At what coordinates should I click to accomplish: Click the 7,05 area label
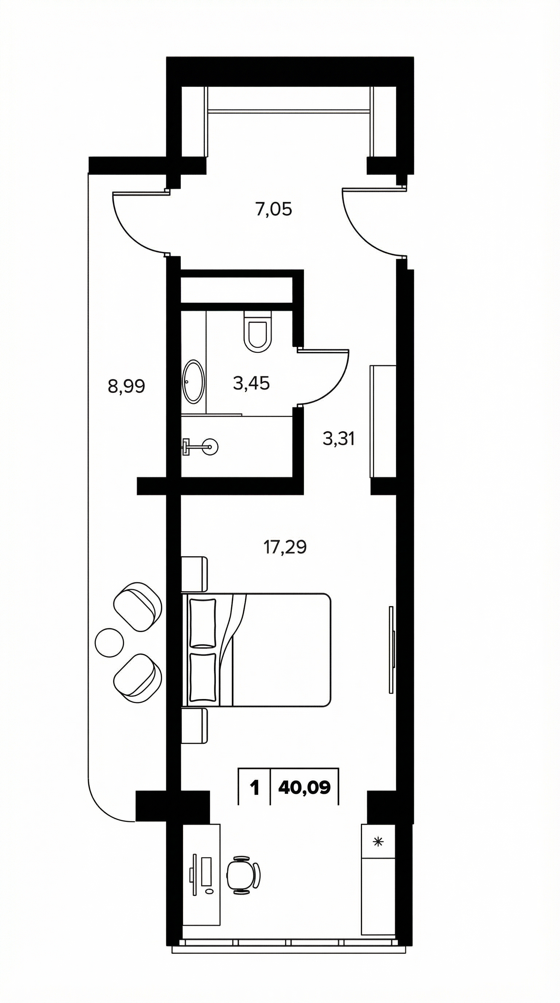[x=273, y=210]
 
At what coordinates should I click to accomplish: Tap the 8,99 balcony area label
[x=127, y=387]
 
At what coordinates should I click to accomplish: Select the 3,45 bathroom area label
[x=251, y=383]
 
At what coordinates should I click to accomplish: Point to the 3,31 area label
[x=338, y=439]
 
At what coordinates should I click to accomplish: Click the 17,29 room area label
[x=285, y=547]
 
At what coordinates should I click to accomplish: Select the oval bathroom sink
[x=193, y=382]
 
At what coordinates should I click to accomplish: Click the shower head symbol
[x=201, y=446]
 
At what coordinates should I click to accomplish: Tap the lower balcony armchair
[x=137, y=678]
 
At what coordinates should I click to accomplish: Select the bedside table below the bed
[x=195, y=726]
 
